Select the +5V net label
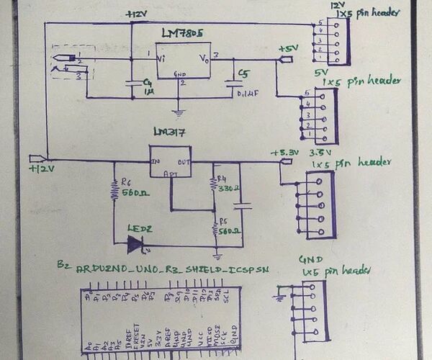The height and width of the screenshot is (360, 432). point(288,48)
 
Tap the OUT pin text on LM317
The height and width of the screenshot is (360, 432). point(185,161)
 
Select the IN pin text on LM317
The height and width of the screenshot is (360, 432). point(156,161)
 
